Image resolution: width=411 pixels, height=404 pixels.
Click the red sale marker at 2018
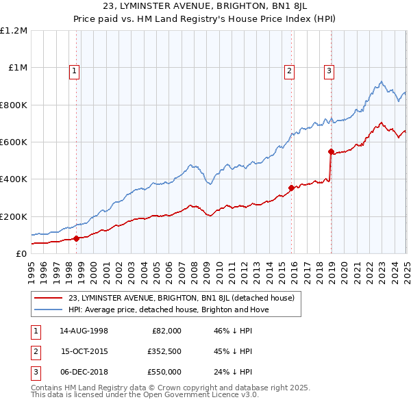click(331, 151)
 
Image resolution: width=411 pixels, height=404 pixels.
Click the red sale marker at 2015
click(291, 188)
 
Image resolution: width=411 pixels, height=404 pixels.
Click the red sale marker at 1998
click(76, 238)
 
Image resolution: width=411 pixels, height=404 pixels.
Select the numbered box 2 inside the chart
click(290, 69)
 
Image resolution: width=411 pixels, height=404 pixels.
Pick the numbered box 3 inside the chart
click(329, 69)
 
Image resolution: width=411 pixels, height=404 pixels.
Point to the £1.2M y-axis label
click(14, 31)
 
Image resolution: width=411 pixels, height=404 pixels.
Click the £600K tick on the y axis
click(14, 142)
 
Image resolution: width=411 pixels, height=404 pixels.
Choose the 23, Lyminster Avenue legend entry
click(181, 298)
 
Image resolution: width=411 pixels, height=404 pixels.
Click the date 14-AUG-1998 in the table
click(85, 330)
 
